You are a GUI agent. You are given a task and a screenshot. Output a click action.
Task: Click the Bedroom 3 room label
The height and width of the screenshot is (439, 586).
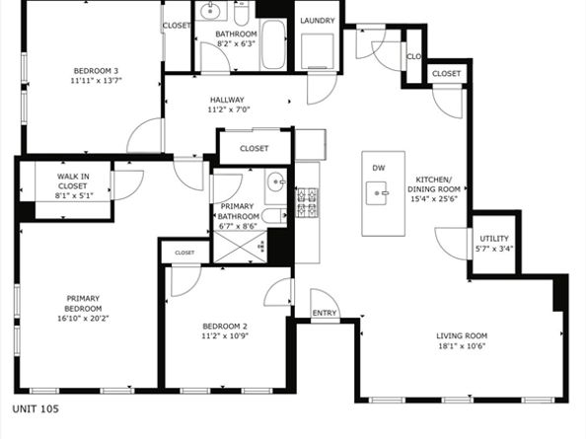pos(96,70)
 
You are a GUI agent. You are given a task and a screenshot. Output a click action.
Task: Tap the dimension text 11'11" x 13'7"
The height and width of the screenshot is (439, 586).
pos(96,82)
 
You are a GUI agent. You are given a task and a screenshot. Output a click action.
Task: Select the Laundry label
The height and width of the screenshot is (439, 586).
pos(317,20)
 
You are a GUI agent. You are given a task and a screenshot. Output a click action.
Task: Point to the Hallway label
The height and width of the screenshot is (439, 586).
pos(226,100)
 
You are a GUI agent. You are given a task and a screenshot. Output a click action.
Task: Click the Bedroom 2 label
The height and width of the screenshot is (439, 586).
pos(224,327)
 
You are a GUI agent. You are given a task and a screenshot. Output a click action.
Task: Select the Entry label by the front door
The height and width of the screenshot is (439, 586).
pos(324,314)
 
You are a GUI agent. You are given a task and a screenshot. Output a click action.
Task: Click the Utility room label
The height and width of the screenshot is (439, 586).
pos(493,239)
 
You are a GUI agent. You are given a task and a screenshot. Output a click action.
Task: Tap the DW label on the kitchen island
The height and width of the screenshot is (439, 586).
pos(378,168)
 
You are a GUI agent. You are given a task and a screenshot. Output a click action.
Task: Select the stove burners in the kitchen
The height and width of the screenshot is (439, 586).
pos(307,202)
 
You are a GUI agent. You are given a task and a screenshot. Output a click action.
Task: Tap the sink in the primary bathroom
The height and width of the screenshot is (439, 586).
pos(277,183)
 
